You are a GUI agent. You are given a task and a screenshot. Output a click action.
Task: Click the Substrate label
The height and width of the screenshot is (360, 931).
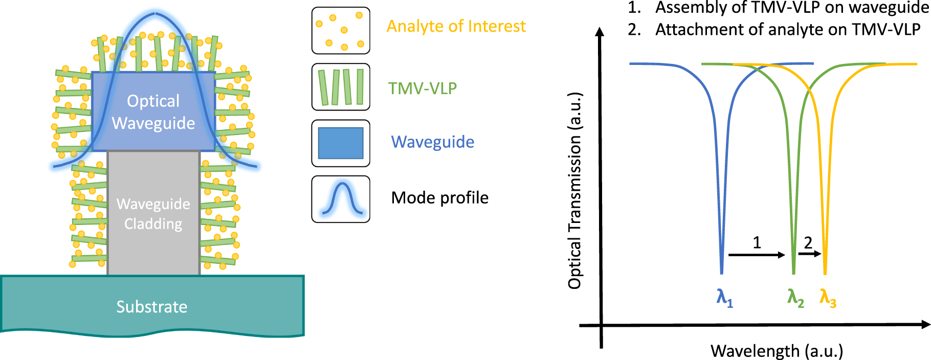click(152, 307)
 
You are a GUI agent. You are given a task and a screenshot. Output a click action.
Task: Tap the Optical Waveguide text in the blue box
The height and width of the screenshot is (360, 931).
click(153, 112)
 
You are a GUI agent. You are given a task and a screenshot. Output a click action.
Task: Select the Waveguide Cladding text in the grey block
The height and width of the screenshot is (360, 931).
click(153, 214)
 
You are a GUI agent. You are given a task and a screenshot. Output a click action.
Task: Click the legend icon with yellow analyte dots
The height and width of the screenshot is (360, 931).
click(341, 31)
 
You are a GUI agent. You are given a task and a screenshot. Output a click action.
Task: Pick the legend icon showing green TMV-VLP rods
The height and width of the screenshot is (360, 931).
click(341, 87)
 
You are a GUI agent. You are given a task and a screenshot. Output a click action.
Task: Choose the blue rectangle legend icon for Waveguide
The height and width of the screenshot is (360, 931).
click(341, 143)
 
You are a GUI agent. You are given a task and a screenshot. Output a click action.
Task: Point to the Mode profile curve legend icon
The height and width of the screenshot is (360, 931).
click(341, 199)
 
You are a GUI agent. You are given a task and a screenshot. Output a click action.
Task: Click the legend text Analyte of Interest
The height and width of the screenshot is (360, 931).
click(456, 26)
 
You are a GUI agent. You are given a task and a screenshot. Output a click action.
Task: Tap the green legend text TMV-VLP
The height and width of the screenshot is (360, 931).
click(423, 88)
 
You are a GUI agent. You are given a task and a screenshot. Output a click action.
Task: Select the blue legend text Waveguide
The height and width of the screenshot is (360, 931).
click(433, 142)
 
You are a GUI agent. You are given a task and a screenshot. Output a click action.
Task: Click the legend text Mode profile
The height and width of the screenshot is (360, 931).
click(440, 198)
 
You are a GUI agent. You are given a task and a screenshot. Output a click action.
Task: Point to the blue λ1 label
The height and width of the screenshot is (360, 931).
click(725, 298)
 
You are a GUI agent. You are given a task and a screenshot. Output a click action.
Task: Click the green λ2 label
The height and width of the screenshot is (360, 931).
click(795, 298)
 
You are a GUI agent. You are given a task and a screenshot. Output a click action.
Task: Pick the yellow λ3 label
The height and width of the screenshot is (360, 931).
click(828, 298)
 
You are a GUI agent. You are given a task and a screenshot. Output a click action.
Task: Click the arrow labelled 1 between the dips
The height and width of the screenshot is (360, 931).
click(757, 255)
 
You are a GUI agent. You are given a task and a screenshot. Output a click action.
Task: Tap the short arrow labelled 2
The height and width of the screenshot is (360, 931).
click(810, 253)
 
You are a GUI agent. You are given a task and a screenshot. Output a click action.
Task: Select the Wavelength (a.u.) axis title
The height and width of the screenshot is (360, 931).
click(777, 351)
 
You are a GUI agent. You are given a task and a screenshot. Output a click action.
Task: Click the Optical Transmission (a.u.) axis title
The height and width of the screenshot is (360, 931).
click(575, 191)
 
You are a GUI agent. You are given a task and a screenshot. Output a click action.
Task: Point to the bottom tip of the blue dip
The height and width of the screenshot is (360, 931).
click(722, 274)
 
